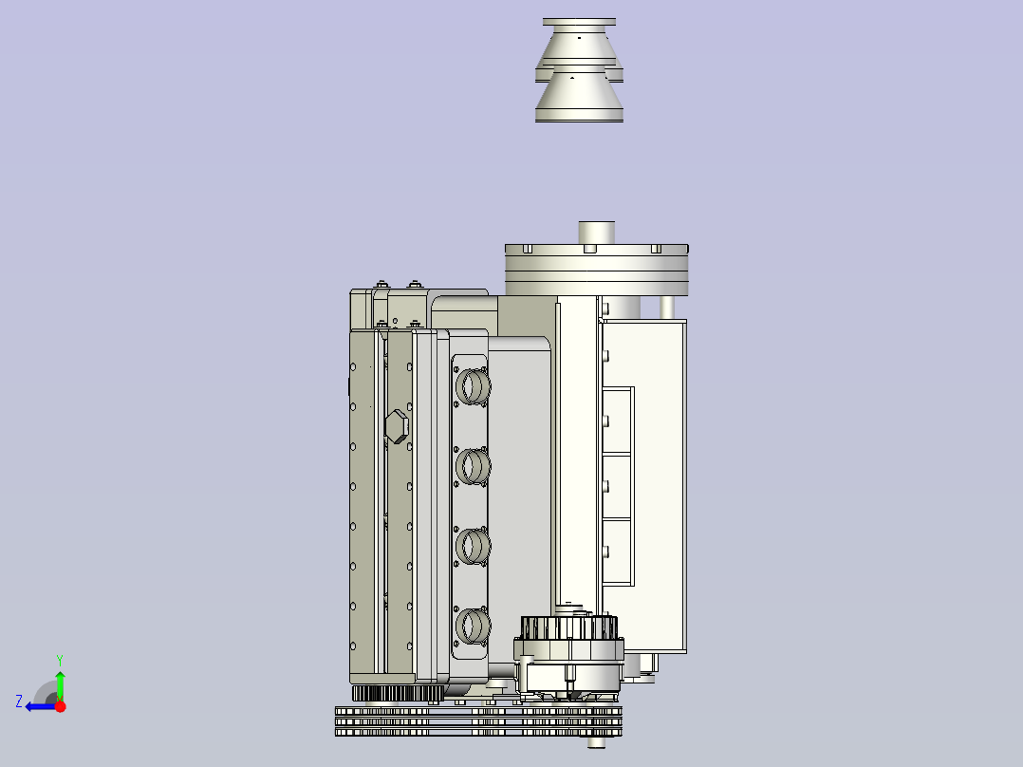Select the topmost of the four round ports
[x=472, y=385]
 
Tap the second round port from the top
[x=472, y=465]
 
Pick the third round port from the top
[x=472, y=545]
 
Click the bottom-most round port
[x=472, y=625]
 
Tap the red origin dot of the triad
[x=60, y=706]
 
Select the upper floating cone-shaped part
[x=579, y=43]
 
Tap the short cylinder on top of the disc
[x=597, y=233]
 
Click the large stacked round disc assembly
[x=596, y=270]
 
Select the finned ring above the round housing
[x=569, y=627]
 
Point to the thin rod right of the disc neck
[x=667, y=307]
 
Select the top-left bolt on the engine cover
[x=381, y=284]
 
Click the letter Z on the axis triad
[x=19, y=702]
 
